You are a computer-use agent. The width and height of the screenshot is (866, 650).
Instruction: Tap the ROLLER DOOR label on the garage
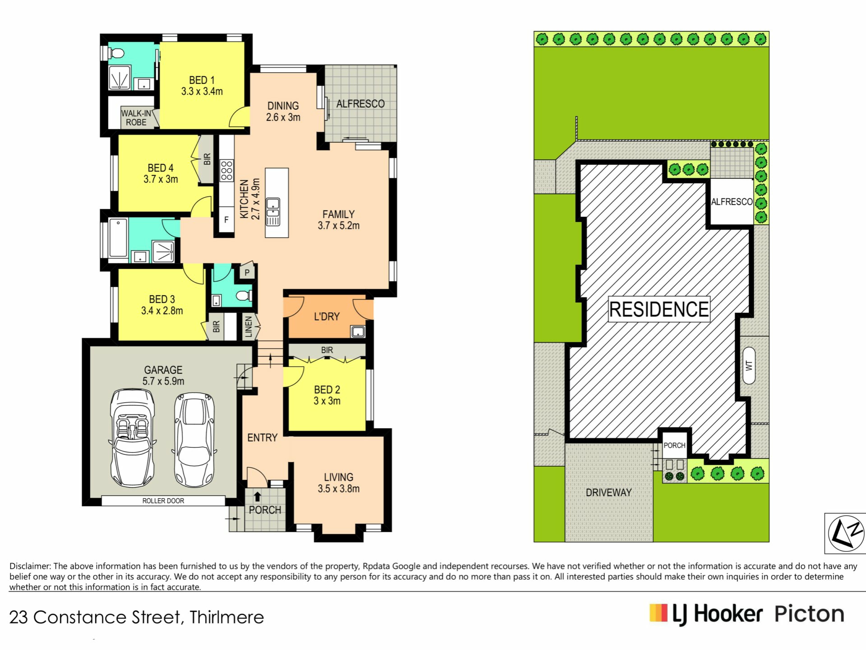(163, 501)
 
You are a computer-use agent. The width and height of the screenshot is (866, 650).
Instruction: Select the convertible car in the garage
(132, 438)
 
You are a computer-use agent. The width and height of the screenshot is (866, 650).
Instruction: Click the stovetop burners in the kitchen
(226, 171)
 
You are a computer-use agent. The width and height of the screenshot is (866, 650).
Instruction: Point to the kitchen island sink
(273, 211)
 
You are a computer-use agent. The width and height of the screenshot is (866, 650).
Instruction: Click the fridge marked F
(226, 220)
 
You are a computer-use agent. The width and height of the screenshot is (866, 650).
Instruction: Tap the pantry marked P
(247, 272)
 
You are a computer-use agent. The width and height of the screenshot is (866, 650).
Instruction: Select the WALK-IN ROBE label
(136, 118)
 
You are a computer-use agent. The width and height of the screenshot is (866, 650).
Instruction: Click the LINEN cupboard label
(249, 327)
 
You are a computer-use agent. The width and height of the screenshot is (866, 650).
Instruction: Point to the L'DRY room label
(327, 316)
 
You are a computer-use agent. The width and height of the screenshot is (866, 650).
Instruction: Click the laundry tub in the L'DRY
(358, 332)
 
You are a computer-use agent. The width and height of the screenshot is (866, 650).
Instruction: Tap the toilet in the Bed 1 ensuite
(116, 54)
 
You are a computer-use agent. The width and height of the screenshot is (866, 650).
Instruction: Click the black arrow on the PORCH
(257, 497)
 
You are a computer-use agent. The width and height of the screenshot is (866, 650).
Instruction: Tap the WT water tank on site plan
(749, 366)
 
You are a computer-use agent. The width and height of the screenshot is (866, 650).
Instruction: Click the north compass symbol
(846, 533)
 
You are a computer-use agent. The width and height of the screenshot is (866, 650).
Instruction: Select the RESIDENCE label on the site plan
(659, 309)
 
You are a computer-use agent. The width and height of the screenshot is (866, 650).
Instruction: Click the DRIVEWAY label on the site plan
(608, 492)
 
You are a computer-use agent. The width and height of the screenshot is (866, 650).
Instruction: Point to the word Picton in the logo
(809, 614)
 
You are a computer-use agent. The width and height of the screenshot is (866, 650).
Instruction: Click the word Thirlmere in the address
(226, 617)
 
